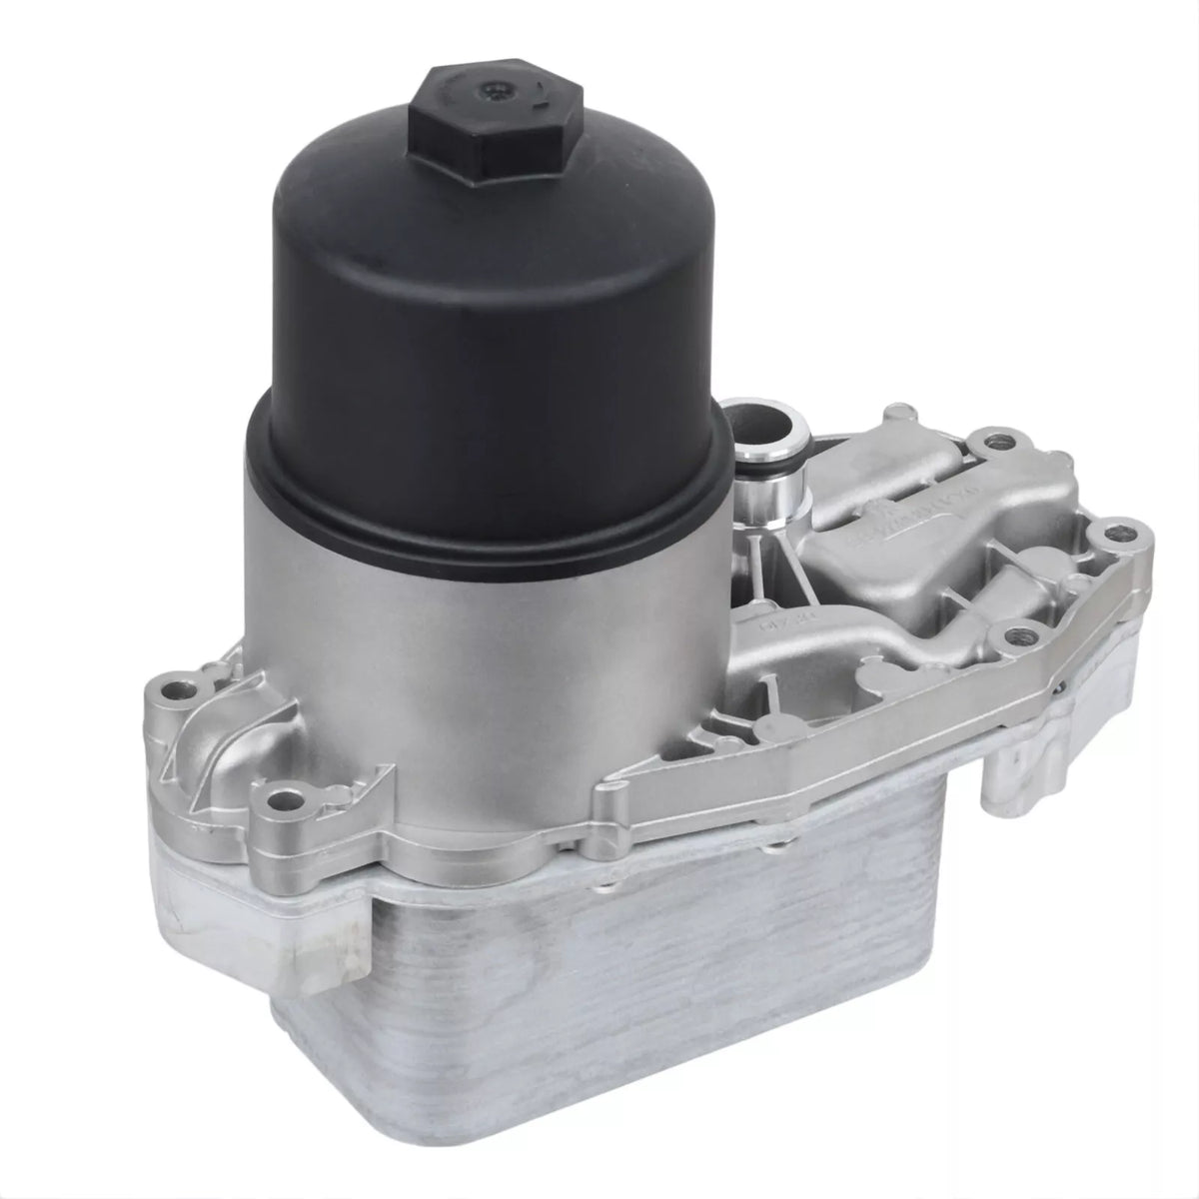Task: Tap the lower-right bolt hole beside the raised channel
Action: click(1016, 631)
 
